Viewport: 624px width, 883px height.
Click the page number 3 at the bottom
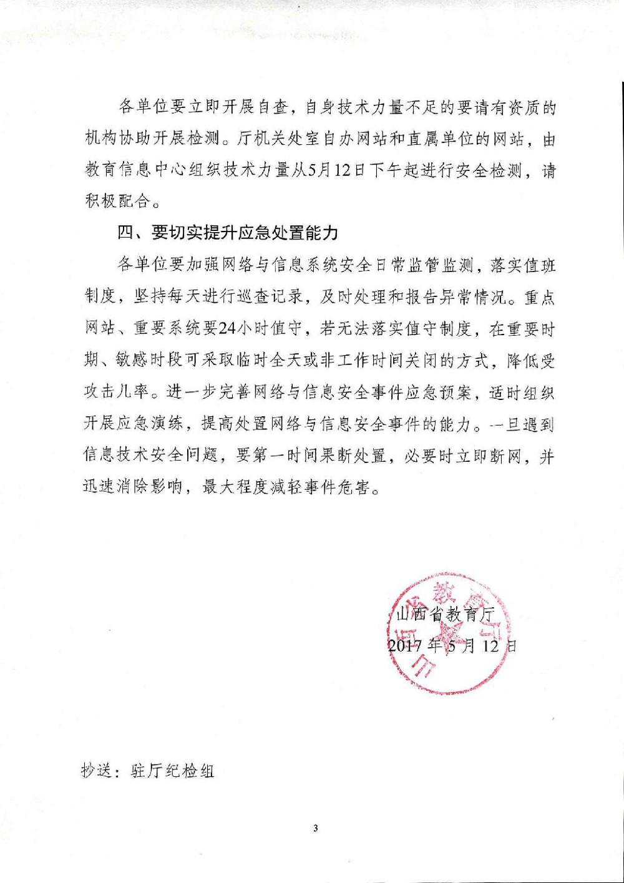(x=315, y=828)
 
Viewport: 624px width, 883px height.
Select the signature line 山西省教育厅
(x=445, y=614)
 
